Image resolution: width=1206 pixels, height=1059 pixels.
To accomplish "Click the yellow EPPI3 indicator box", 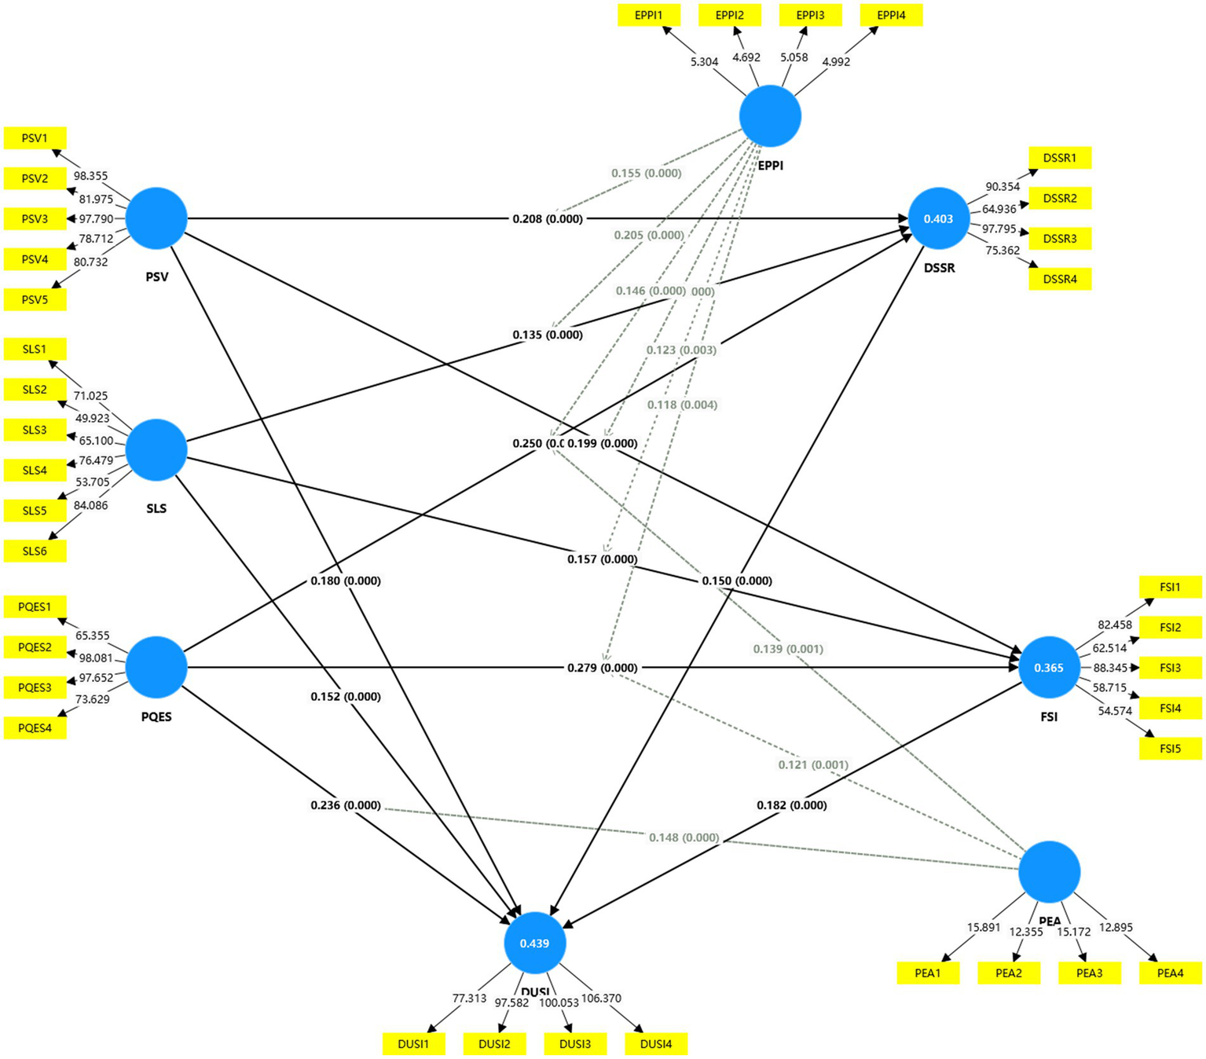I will click(x=810, y=15).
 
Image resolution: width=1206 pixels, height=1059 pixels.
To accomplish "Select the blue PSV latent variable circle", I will click(x=156, y=218).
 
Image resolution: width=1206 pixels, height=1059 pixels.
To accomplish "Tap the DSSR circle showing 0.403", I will click(x=938, y=218).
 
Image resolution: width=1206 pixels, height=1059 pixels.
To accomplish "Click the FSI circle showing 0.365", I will click(x=1049, y=668).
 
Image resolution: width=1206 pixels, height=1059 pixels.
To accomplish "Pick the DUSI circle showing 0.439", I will click(x=534, y=943).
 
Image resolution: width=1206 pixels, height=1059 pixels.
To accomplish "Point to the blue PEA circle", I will click(x=1049, y=872).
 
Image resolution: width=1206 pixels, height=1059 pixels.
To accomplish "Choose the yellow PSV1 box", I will click(x=35, y=138).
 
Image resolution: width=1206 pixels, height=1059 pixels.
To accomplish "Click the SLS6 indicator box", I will click(x=35, y=551).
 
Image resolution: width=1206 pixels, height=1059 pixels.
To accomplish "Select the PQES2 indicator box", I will click(x=35, y=647).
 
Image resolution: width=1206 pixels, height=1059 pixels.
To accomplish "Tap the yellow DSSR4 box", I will click(x=1060, y=279).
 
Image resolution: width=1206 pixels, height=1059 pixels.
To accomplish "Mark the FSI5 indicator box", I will click(x=1170, y=749).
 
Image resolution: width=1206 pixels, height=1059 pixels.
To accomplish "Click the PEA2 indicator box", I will click(x=1009, y=973).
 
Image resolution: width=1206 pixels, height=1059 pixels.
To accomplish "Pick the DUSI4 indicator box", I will click(x=656, y=1044).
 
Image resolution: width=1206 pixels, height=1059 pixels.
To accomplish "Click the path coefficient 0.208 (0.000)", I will click(x=548, y=218).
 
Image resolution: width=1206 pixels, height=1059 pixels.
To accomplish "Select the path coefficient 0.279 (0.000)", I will click(x=602, y=668).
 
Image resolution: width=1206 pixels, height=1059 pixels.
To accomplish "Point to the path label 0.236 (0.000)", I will click(x=346, y=805).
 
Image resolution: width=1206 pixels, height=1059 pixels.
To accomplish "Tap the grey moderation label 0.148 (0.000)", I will click(x=684, y=837).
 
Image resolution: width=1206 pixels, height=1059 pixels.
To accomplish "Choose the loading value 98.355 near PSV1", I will click(x=91, y=176).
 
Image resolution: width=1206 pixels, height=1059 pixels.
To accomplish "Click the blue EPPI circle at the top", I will click(x=770, y=116).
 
